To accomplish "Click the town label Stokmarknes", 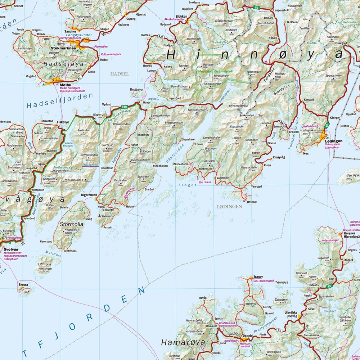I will (63, 48).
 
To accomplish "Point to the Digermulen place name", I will (89, 195).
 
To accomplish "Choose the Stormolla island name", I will (72, 224).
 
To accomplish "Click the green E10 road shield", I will (125, 107).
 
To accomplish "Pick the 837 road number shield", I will (283, 123).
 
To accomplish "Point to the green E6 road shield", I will (329, 286).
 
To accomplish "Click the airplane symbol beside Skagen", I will (104, 34).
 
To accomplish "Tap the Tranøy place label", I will (258, 276).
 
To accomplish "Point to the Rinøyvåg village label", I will (279, 157).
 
